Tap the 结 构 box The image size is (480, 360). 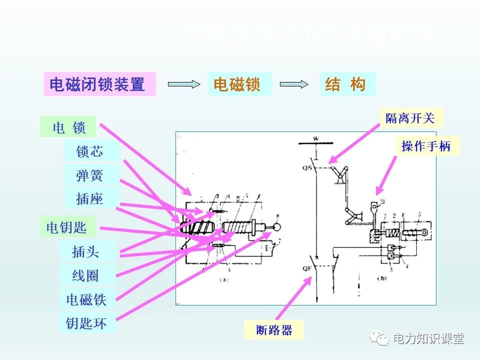(x=347, y=84)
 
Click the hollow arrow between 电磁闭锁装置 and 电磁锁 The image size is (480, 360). (x=183, y=84)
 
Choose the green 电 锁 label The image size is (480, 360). (x=69, y=127)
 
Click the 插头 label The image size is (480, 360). (x=87, y=251)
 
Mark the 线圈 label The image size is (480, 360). (x=87, y=275)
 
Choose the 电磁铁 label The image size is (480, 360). (x=87, y=299)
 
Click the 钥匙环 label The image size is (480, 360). (x=87, y=323)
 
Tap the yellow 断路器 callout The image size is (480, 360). (x=274, y=330)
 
